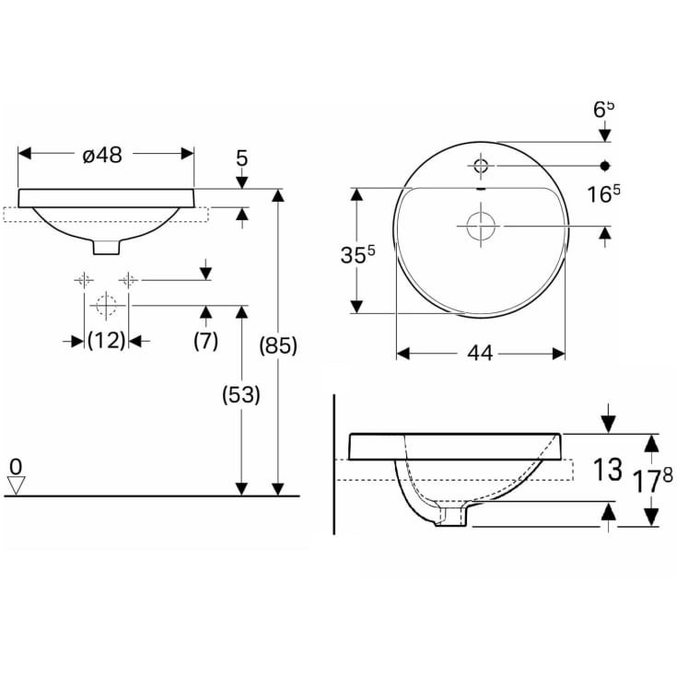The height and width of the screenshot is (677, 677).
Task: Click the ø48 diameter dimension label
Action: pyautogui.click(x=102, y=155)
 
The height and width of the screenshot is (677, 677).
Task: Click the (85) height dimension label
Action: pyautogui.click(x=277, y=346)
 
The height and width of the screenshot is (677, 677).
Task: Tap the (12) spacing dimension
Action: pyautogui.click(x=106, y=341)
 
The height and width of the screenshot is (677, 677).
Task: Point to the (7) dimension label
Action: pyautogui.click(x=205, y=341)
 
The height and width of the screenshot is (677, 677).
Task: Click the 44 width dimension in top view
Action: pyautogui.click(x=481, y=354)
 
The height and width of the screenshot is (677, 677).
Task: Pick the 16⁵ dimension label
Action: pyautogui.click(x=604, y=193)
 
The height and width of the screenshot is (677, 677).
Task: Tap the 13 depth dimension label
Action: pyautogui.click(x=608, y=471)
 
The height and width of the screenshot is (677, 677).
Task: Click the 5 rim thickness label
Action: pyautogui.click(x=241, y=158)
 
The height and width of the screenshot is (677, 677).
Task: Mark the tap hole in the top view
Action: pyautogui.click(x=481, y=166)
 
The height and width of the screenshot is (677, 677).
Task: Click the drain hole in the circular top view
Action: pyautogui.click(x=481, y=226)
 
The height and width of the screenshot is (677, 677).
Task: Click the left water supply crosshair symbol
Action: pyautogui.click(x=84, y=279)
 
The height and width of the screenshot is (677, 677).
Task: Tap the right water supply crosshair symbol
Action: pyautogui.click(x=127, y=279)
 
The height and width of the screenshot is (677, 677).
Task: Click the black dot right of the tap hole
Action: pyautogui.click(x=604, y=166)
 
